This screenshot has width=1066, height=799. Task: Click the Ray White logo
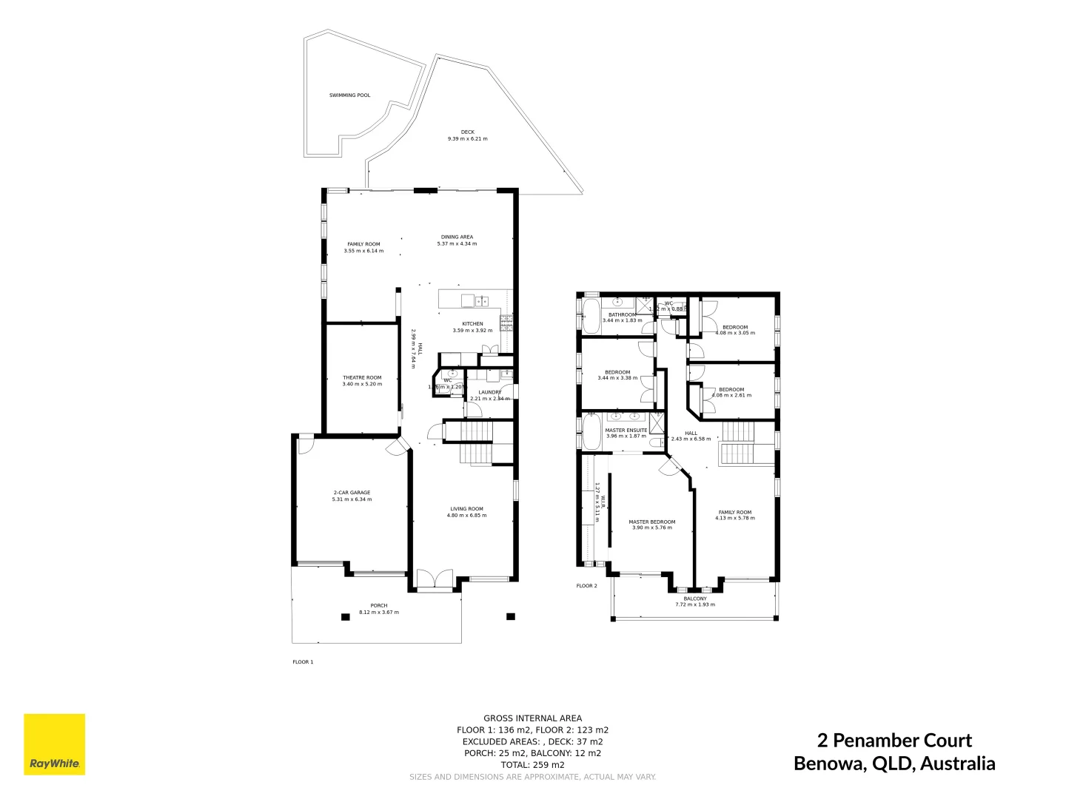pos(54,744)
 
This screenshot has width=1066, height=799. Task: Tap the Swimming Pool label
pos(349,95)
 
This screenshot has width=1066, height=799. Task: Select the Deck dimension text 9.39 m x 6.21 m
pos(467,139)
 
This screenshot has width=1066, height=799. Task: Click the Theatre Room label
pos(362,377)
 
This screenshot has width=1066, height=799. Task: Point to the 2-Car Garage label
pos(352,493)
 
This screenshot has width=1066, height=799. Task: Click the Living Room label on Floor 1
pos(466,508)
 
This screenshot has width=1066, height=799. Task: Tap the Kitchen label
pos(472,324)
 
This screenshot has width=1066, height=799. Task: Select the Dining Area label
pos(457,237)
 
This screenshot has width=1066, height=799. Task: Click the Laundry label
pos(489,392)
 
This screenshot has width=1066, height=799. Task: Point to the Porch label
pos(378,606)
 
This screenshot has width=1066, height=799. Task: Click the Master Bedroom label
pos(651,522)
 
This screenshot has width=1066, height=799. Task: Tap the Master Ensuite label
pos(626,430)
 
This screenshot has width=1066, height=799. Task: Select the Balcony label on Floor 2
pos(694,599)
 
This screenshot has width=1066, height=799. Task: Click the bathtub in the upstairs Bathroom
pos(591,317)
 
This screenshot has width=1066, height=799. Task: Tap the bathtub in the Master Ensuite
pos(591,432)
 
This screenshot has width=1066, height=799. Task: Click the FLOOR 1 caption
pos(303,662)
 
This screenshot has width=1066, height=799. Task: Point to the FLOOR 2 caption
pos(586,586)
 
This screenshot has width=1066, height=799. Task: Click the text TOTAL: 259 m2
pos(532,765)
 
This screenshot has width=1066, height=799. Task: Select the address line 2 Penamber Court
pos(894,741)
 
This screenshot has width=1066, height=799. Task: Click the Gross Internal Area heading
pos(532,718)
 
